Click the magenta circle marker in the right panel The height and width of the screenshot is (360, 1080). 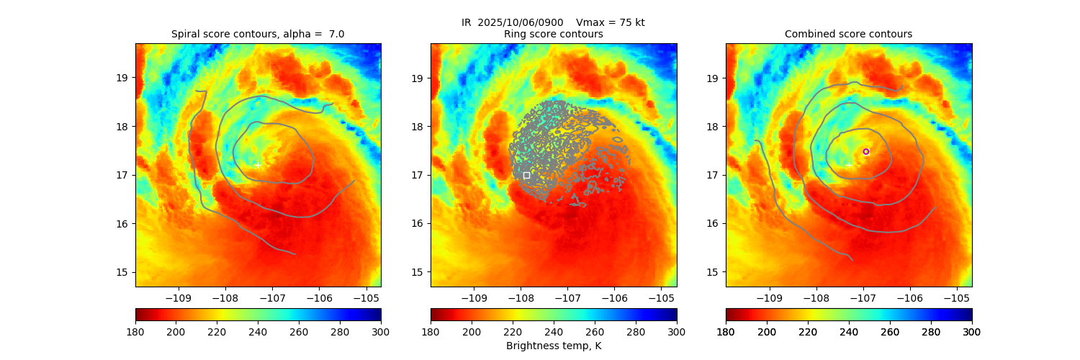pos(866,151)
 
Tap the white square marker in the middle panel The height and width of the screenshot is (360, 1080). pos(526,175)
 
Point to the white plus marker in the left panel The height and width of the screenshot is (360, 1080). pos(258,165)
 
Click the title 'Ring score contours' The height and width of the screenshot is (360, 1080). pos(553,34)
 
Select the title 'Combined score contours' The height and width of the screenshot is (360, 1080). pos(848,34)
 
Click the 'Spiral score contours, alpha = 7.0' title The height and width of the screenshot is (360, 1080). pos(258,34)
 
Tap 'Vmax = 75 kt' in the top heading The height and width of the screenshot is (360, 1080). pos(611,22)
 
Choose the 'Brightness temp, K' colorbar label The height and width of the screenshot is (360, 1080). pos(553,346)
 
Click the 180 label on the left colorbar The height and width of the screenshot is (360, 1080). pos(135,331)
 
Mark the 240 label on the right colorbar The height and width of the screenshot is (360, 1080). pos(849,331)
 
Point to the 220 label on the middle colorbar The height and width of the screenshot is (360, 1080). pos(513,331)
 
